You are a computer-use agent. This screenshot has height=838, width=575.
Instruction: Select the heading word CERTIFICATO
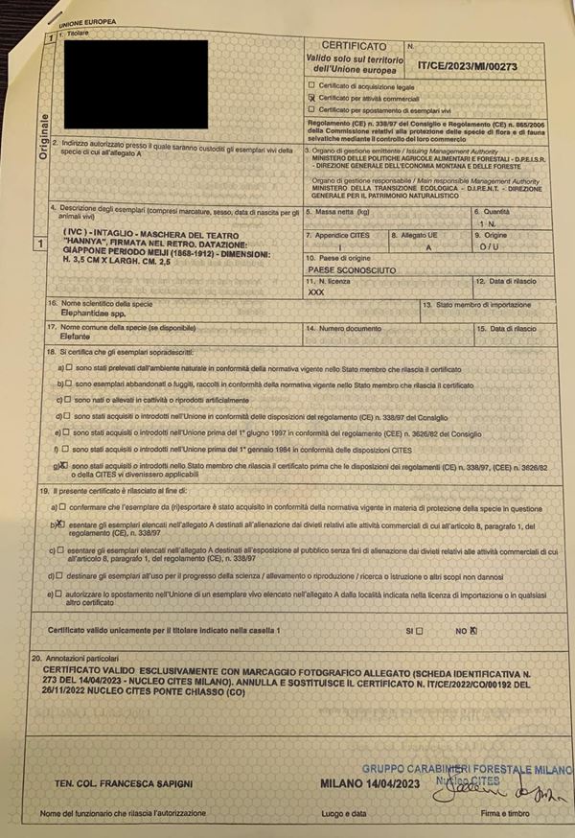click(x=354, y=45)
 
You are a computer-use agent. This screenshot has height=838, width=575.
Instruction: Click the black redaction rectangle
click(x=134, y=84)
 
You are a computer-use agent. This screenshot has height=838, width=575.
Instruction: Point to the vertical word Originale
click(x=43, y=141)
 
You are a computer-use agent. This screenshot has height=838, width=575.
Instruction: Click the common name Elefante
click(x=80, y=338)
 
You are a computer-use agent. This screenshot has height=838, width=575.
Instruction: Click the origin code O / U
click(x=491, y=246)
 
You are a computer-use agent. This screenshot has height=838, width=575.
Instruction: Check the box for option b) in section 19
click(x=61, y=525)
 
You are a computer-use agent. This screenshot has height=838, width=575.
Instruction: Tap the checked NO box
click(x=498, y=630)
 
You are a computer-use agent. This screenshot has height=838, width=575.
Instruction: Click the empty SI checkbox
click(x=447, y=630)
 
